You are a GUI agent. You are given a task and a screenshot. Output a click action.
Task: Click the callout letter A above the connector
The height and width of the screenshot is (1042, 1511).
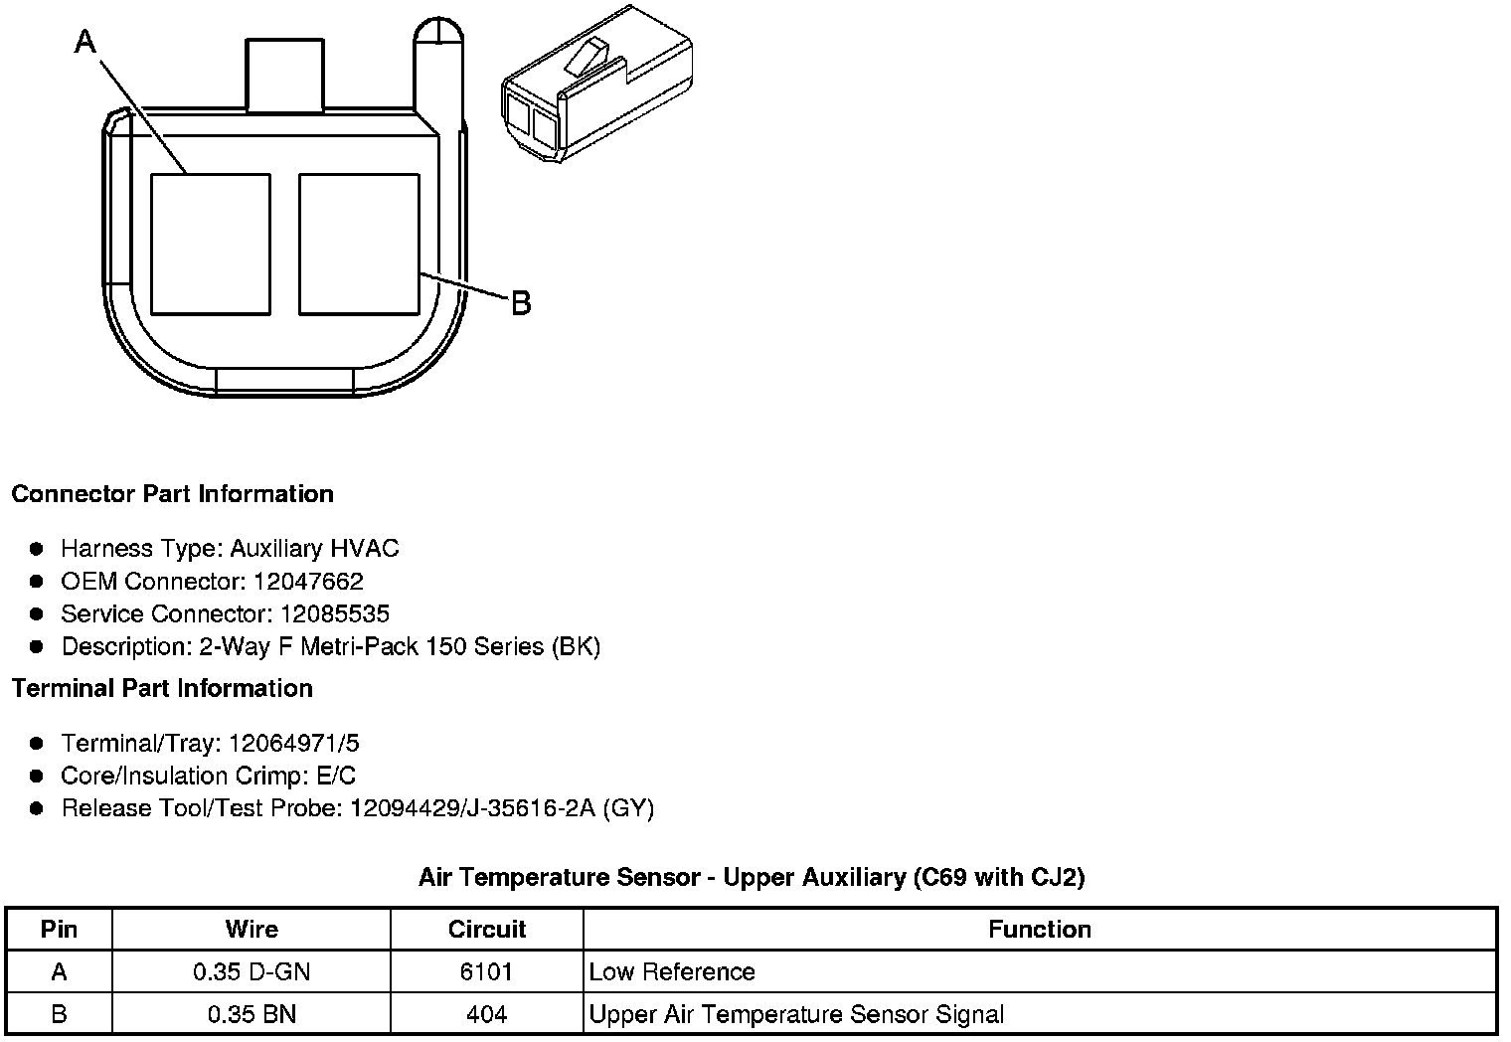(85, 42)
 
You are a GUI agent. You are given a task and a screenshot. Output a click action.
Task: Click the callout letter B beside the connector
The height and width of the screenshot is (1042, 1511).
(522, 303)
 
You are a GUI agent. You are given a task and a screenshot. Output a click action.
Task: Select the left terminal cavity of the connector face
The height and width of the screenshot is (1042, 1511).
(211, 245)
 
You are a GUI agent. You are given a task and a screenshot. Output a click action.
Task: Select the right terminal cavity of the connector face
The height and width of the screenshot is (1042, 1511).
(359, 245)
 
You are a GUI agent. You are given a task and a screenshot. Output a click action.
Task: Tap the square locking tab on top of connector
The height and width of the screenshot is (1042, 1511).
(284, 75)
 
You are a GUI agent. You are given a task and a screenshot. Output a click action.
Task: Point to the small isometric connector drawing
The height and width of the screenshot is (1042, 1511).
(597, 84)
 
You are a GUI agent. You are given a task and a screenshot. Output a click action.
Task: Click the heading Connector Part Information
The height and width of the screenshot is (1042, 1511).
(173, 494)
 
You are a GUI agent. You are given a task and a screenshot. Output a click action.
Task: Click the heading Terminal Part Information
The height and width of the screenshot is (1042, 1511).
(163, 688)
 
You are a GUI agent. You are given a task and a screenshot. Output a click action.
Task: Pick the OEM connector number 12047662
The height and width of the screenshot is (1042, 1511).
(308, 581)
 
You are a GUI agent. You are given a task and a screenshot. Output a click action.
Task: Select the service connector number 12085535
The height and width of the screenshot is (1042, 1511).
(335, 613)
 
